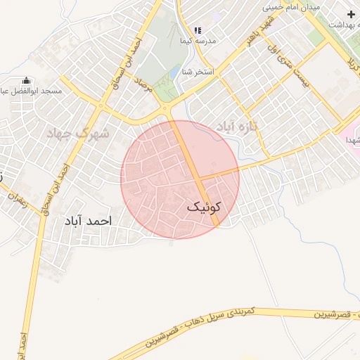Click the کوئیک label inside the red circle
coord(205,208)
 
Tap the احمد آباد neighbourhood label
coord(88,221)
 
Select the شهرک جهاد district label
coord(78,133)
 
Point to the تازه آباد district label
coord(237,126)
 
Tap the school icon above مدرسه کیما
coord(198,31)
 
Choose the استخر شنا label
coord(198,72)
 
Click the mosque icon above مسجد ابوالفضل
coord(27,81)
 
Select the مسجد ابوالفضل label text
coord(34,91)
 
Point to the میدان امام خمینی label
coord(291,7)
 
